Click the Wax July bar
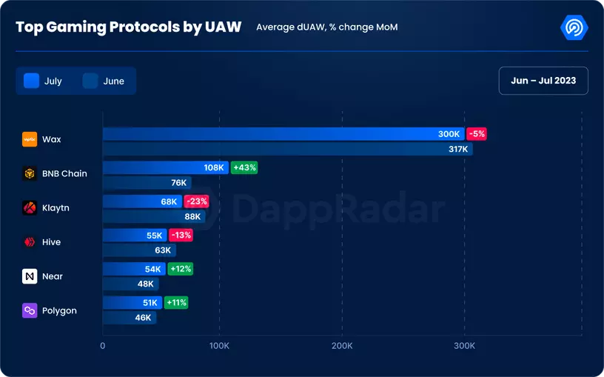point(281,134)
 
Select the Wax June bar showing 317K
point(287,149)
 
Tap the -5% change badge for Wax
point(477,134)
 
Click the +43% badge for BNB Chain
point(244,167)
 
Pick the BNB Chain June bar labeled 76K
point(147,183)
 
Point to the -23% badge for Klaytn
point(196,201)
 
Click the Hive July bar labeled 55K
point(133,235)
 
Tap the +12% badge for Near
point(180,269)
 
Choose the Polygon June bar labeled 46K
point(129,318)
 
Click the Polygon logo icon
point(30,310)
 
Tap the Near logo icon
point(30,276)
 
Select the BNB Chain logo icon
point(30,174)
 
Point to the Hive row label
point(51,242)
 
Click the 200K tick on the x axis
point(342,346)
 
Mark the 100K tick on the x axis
point(219,346)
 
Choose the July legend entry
point(44,81)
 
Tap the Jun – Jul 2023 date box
point(543,81)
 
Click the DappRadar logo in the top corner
point(574,28)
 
